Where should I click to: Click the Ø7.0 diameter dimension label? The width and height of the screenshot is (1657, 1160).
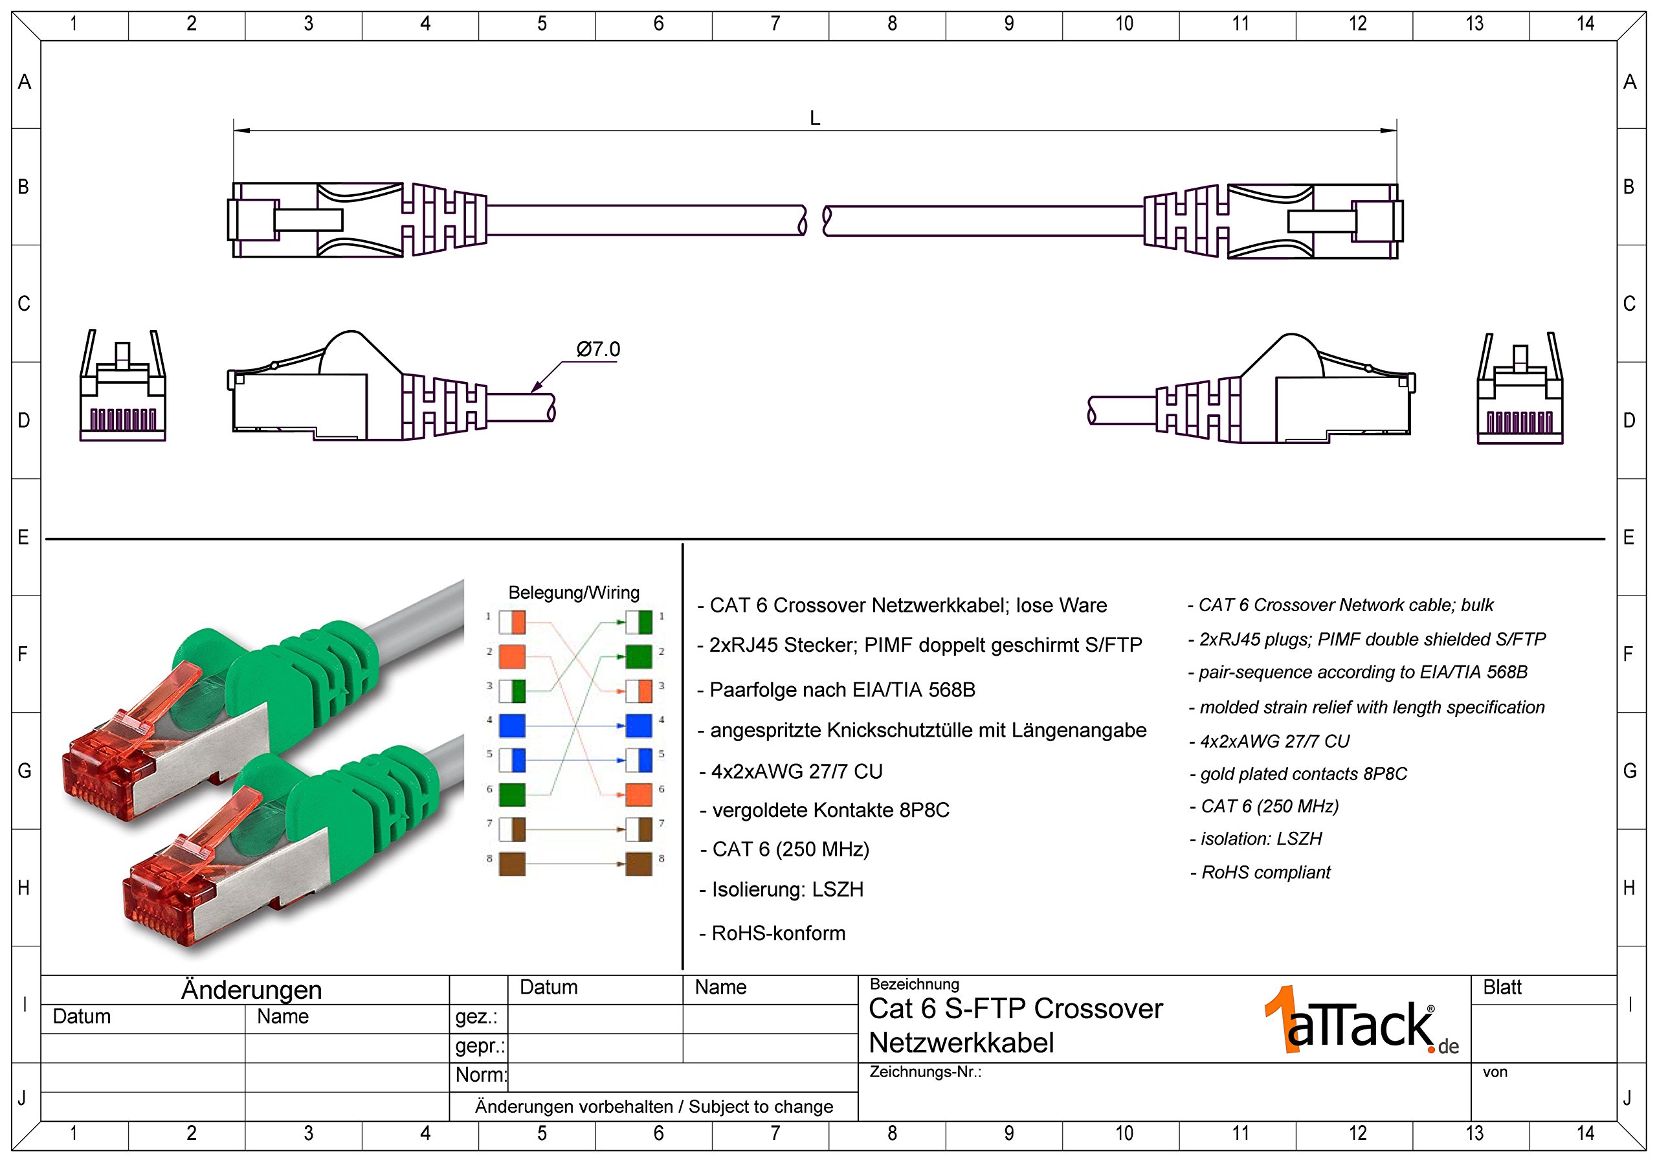(x=597, y=350)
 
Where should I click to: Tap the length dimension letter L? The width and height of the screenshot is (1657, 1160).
(x=815, y=118)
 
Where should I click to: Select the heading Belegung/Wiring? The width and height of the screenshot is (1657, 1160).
(x=573, y=593)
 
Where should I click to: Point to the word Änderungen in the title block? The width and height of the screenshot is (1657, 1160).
(x=251, y=990)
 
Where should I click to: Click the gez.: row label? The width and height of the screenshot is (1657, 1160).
(x=476, y=1017)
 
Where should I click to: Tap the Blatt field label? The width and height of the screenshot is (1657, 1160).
(x=1502, y=987)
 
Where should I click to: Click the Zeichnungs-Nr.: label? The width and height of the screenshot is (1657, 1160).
(x=925, y=1072)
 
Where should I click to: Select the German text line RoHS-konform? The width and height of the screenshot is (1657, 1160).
(x=778, y=933)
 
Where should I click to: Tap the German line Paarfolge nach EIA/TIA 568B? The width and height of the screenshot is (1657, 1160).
(x=841, y=690)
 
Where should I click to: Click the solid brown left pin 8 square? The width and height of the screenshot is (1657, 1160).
(x=512, y=864)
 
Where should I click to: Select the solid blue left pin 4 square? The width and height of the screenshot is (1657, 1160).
(x=512, y=726)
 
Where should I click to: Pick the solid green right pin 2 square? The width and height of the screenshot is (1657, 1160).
(x=639, y=657)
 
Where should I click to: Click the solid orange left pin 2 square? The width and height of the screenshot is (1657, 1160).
(x=512, y=657)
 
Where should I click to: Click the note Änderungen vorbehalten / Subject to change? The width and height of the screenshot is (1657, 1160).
(x=654, y=1106)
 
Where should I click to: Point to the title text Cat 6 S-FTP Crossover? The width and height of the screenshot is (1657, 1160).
(x=1016, y=1009)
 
